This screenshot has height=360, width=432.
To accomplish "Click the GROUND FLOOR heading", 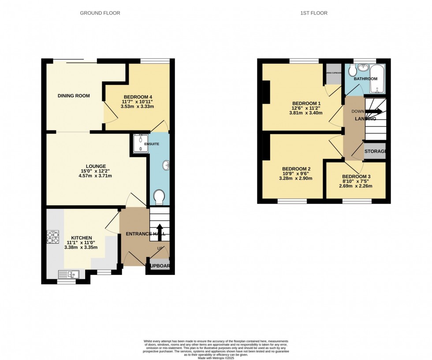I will click(x=100, y=13).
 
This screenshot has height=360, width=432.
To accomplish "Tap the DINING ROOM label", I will click(x=74, y=96).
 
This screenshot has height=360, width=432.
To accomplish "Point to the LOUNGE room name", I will click(x=96, y=166).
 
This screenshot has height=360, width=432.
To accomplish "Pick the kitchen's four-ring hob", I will click(x=53, y=238).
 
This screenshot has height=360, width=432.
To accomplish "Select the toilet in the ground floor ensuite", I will click(x=159, y=197).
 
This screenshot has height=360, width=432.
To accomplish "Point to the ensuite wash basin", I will click(x=167, y=166).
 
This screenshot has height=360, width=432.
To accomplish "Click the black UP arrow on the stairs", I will click(x=160, y=232).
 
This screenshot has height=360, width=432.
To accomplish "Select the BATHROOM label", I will click(x=365, y=79).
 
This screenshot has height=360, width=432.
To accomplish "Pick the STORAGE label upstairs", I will click(x=375, y=152).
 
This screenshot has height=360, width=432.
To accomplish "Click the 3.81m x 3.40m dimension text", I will click(x=303, y=113).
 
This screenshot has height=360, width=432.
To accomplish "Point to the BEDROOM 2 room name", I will click(x=297, y=169).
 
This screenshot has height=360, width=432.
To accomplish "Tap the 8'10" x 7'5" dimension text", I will click(x=356, y=181).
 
